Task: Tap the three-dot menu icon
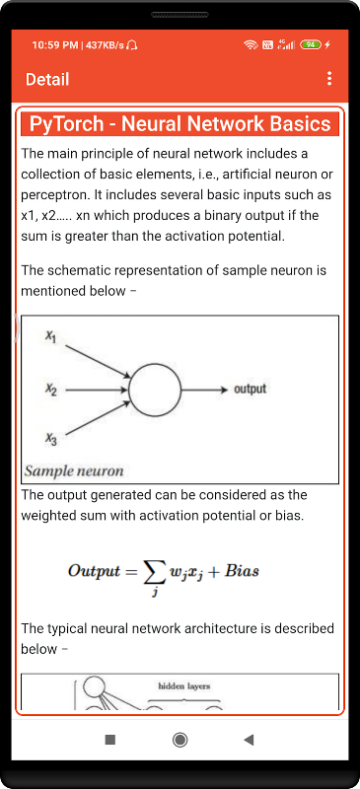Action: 329,79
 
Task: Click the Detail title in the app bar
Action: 47,80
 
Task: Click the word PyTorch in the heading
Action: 65,124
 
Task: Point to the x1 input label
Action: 51,337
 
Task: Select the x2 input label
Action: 50,390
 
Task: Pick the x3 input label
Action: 51,440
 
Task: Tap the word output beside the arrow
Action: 250,389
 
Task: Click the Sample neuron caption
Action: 74,471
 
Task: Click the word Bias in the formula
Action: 242,571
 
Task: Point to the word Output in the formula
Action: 95,572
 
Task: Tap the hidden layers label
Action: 184,685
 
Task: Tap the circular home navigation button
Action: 180,739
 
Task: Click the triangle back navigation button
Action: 249,739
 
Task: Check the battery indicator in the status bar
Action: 310,44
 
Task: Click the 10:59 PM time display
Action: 55,45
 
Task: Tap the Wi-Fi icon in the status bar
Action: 251,44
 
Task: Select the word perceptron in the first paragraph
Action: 50,194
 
